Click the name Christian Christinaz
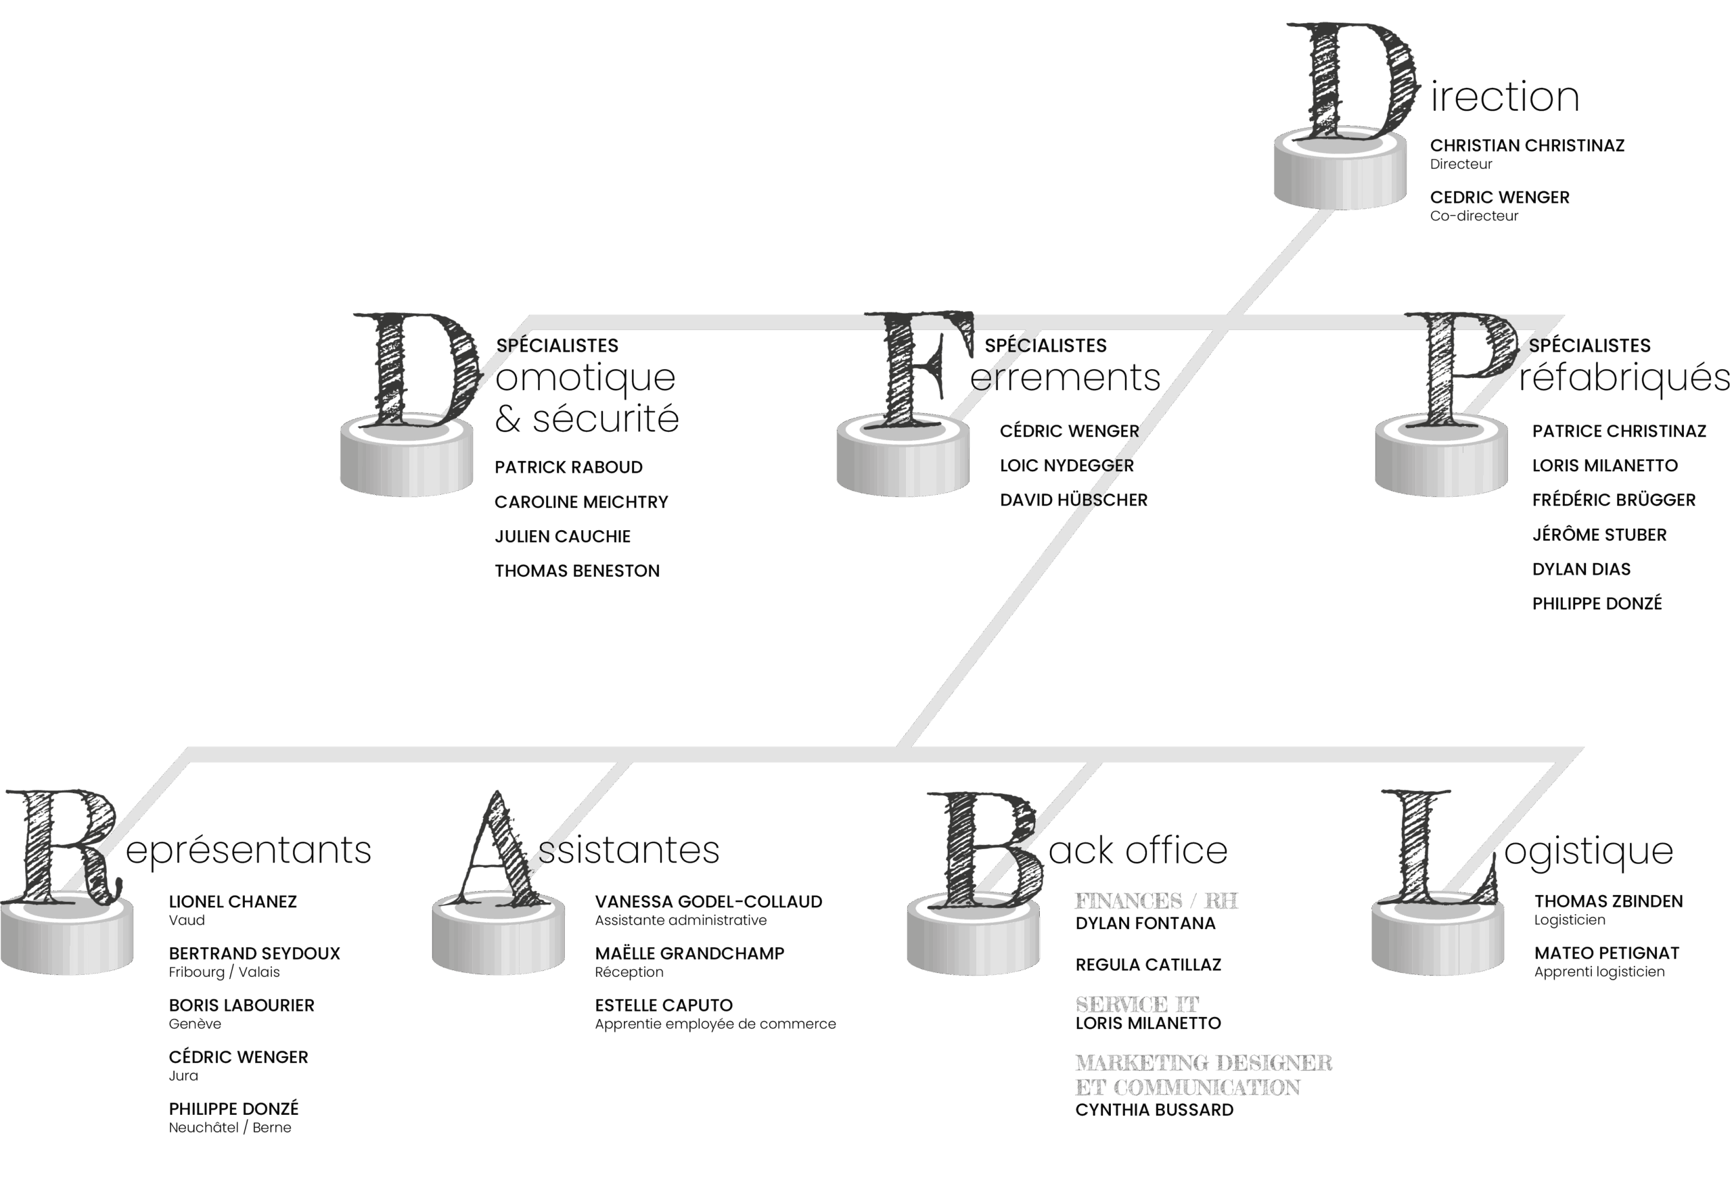(x=1527, y=145)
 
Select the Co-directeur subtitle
(x=1474, y=216)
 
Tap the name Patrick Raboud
(x=568, y=468)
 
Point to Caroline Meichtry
(x=580, y=502)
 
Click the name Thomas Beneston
(x=577, y=571)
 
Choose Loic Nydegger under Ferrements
(x=1066, y=465)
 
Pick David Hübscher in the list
(x=1073, y=500)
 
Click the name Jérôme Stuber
(x=1599, y=534)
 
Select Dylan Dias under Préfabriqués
(x=1581, y=569)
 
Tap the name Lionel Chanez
(x=233, y=901)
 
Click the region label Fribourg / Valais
(x=224, y=972)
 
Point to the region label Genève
(x=195, y=1024)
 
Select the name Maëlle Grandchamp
(x=689, y=953)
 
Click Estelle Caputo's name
(x=663, y=1005)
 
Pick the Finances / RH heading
(x=1156, y=901)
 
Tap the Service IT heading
(x=1137, y=1004)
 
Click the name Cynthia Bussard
(x=1154, y=1110)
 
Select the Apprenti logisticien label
(x=1599, y=972)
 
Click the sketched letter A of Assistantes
(x=499, y=849)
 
